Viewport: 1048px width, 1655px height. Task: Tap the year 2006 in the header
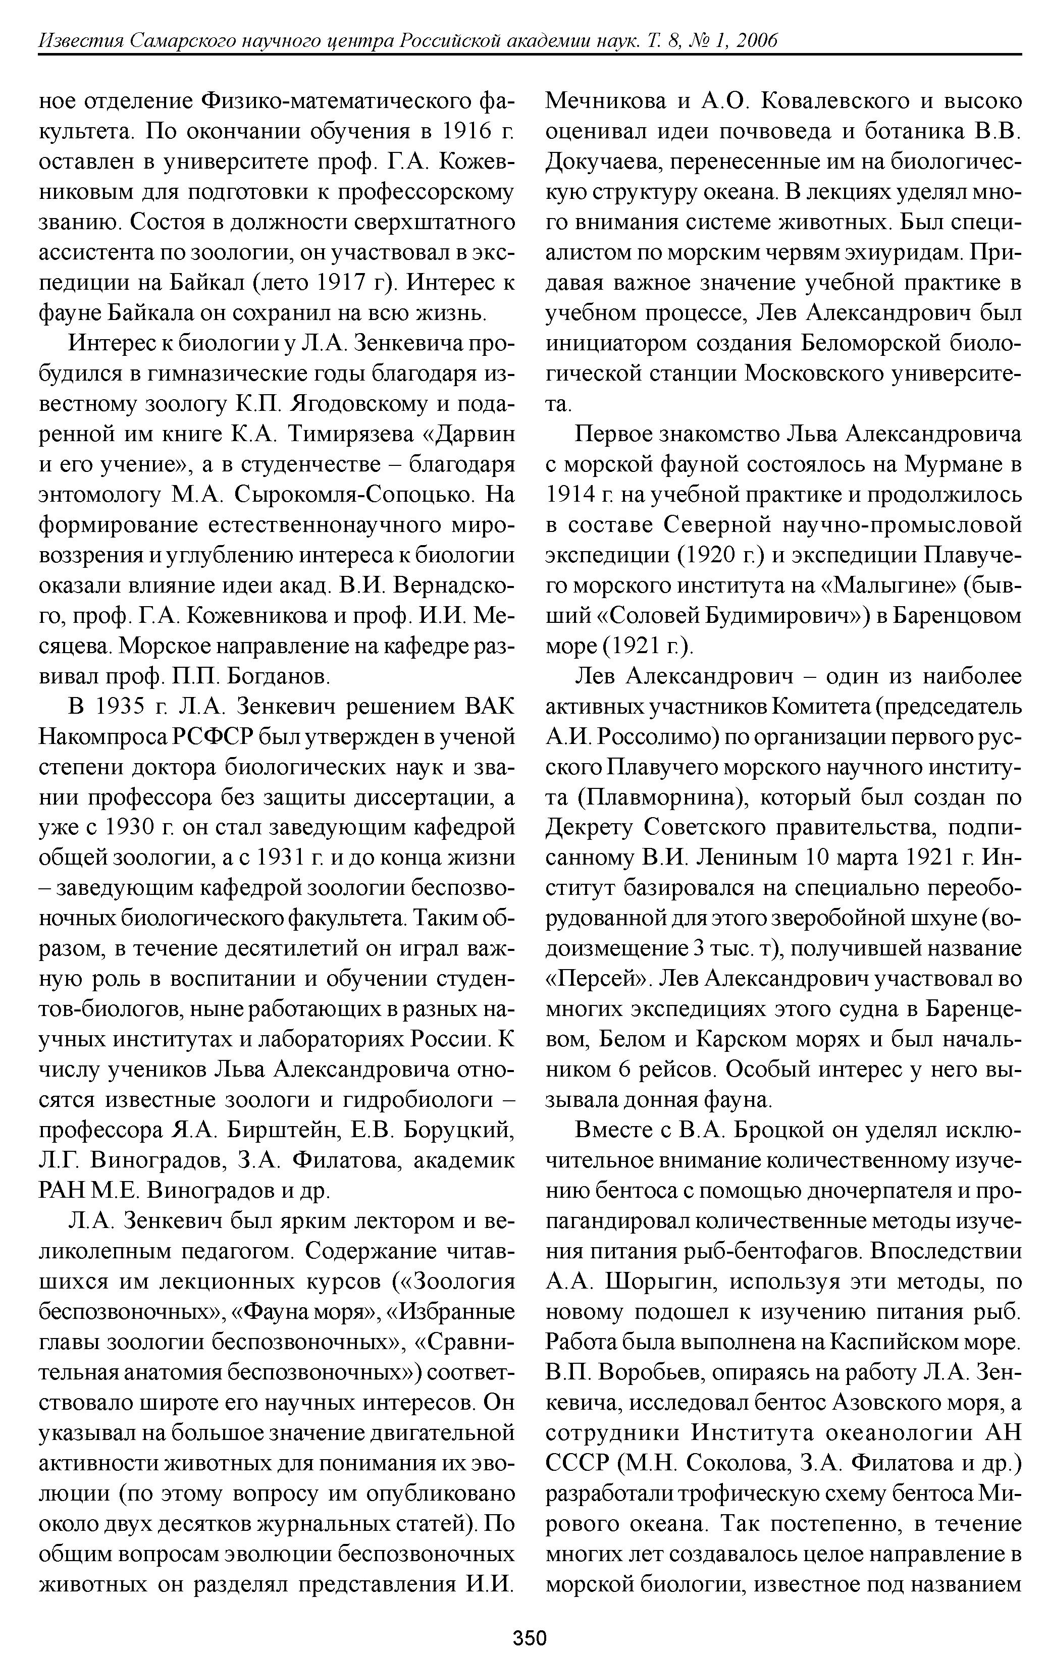[x=756, y=41]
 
